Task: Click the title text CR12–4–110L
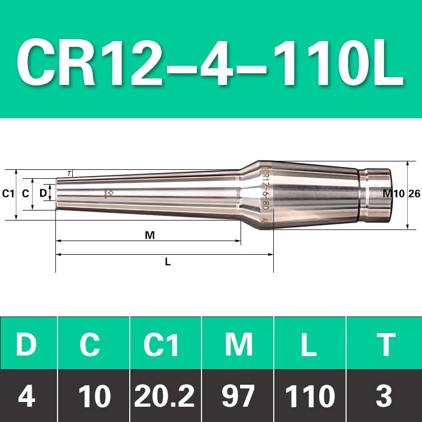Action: (x=210, y=62)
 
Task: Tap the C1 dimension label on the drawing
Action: (x=8, y=194)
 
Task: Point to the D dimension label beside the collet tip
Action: (x=43, y=193)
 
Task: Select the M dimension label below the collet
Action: (x=150, y=235)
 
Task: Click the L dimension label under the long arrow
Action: (x=168, y=262)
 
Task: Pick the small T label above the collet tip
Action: (x=69, y=174)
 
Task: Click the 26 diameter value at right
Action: (x=415, y=194)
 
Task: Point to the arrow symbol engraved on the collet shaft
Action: (x=109, y=193)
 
